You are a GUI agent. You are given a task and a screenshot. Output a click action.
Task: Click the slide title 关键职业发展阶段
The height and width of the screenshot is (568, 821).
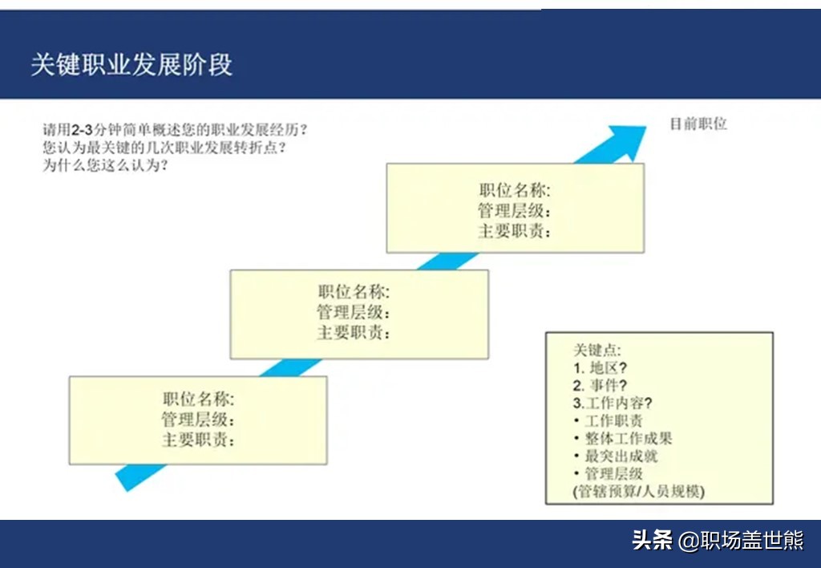pyautogui.click(x=131, y=65)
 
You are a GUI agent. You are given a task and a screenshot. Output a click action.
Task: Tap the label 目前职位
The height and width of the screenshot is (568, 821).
pyautogui.click(x=698, y=124)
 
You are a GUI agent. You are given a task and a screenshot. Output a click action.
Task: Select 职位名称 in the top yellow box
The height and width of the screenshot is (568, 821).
pyautogui.click(x=515, y=190)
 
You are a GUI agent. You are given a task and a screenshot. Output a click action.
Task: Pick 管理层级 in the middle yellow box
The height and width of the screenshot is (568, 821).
pyautogui.click(x=354, y=312)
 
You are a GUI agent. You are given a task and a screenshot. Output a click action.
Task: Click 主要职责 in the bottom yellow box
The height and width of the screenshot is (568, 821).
pyautogui.click(x=198, y=440)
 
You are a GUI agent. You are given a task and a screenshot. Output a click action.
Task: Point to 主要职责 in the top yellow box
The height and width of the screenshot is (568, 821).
pyautogui.click(x=515, y=231)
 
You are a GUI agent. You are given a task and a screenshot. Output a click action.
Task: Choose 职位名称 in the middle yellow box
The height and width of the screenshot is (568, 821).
pyautogui.click(x=354, y=292)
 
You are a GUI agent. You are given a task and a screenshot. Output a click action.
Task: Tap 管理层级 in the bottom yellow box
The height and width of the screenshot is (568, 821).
pyautogui.click(x=198, y=420)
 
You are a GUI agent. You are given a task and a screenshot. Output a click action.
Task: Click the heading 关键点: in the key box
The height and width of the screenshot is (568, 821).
pyautogui.click(x=597, y=350)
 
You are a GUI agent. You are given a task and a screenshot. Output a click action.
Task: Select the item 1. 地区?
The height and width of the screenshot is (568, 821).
pyautogui.click(x=600, y=368)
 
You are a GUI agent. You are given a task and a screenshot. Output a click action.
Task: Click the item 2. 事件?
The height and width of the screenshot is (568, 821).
pyautogui.click(x=600, y=386)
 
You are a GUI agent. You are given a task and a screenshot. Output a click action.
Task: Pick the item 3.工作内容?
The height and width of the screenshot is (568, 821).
pyautogui.click(x=613, y=403)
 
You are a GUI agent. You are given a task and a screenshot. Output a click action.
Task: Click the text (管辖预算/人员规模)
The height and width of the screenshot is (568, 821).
pyautogui.click(x=639, y=492)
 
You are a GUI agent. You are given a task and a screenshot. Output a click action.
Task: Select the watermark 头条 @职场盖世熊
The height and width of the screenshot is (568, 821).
pyautogui.click(x=718, y=540)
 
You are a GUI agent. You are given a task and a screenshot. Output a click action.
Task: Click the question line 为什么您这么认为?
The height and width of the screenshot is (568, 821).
pyautogui.click(x=105, y=165)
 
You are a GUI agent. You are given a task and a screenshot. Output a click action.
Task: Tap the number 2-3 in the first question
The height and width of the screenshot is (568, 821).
pyautogui.click(x=82, y=130)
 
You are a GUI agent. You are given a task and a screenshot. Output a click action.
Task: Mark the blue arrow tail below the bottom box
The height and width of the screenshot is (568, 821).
pyautogui.click(x=138, y=477)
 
